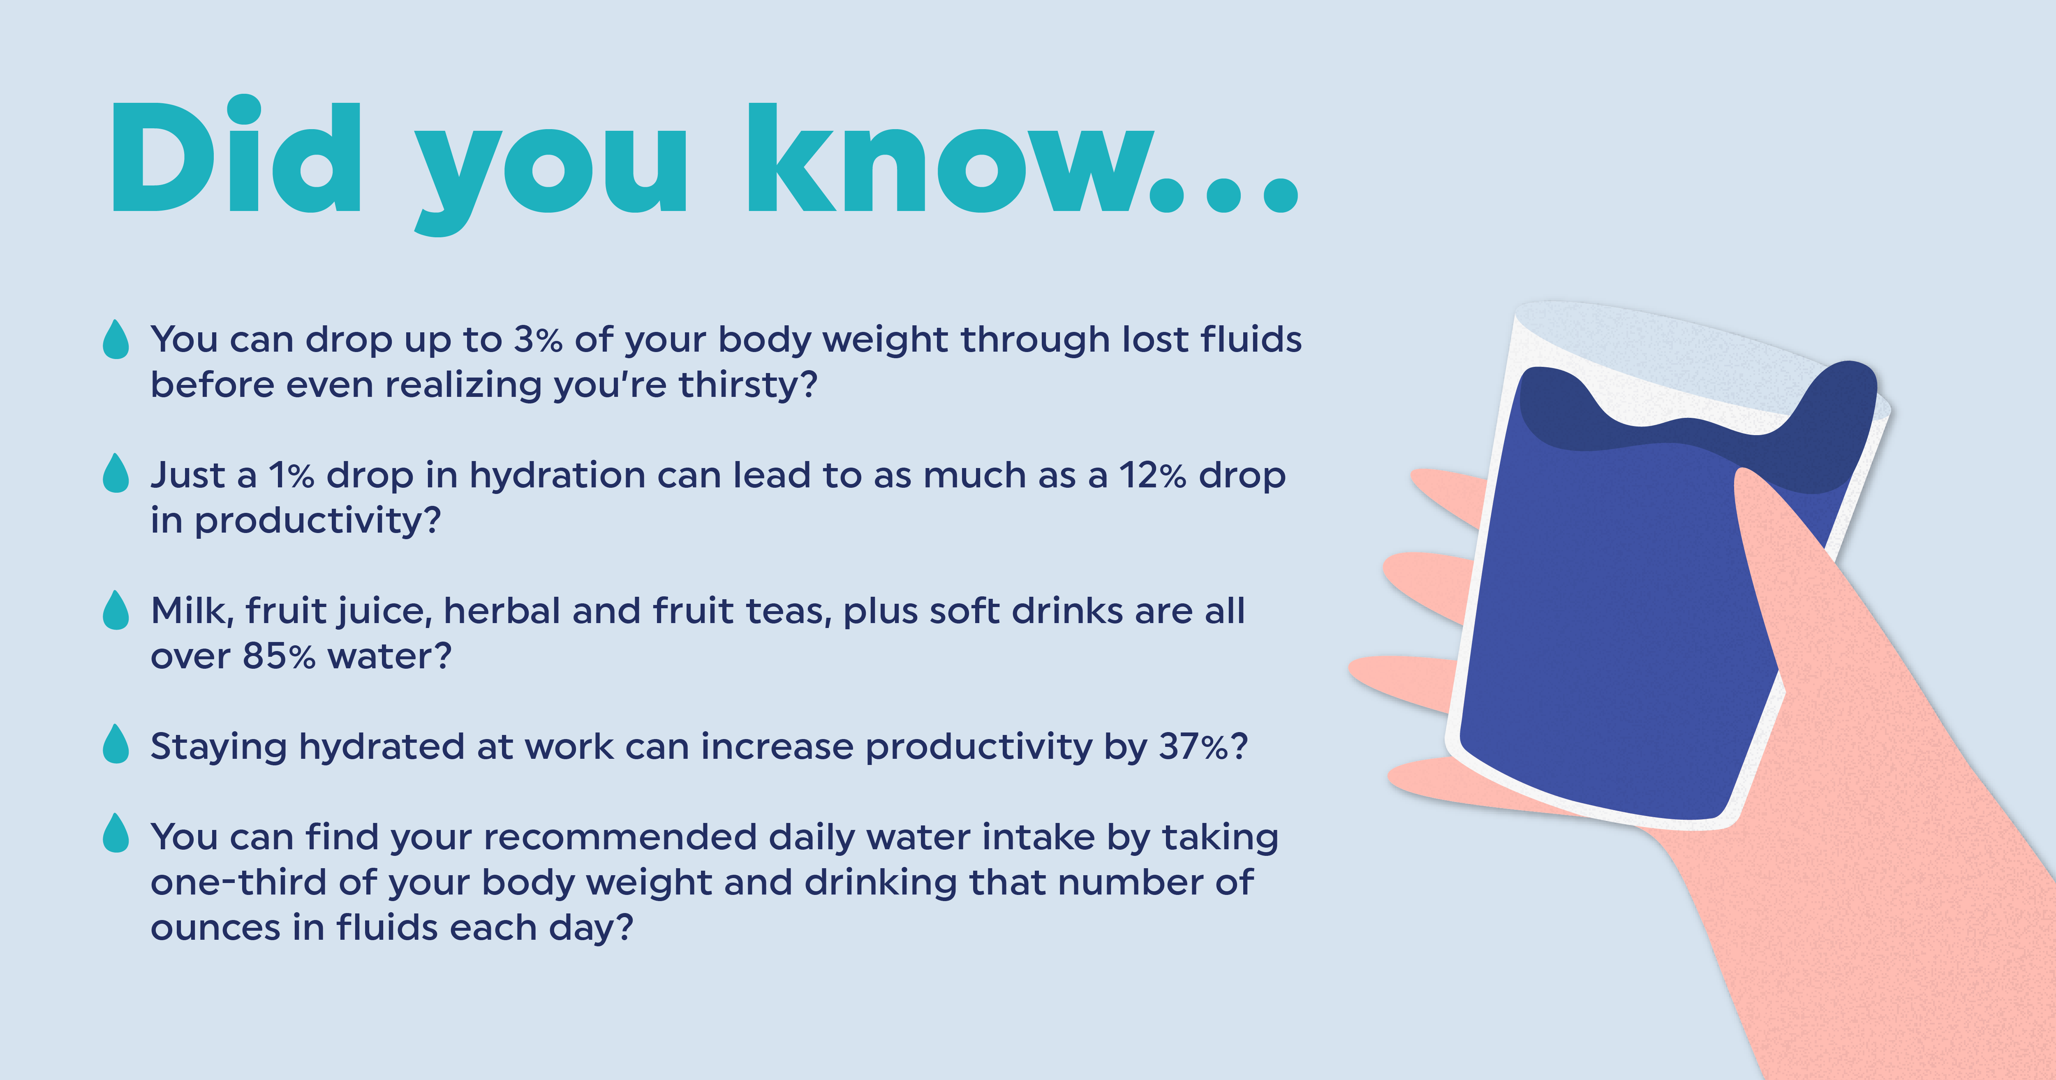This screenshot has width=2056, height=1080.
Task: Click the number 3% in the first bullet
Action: coord(538,340)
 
